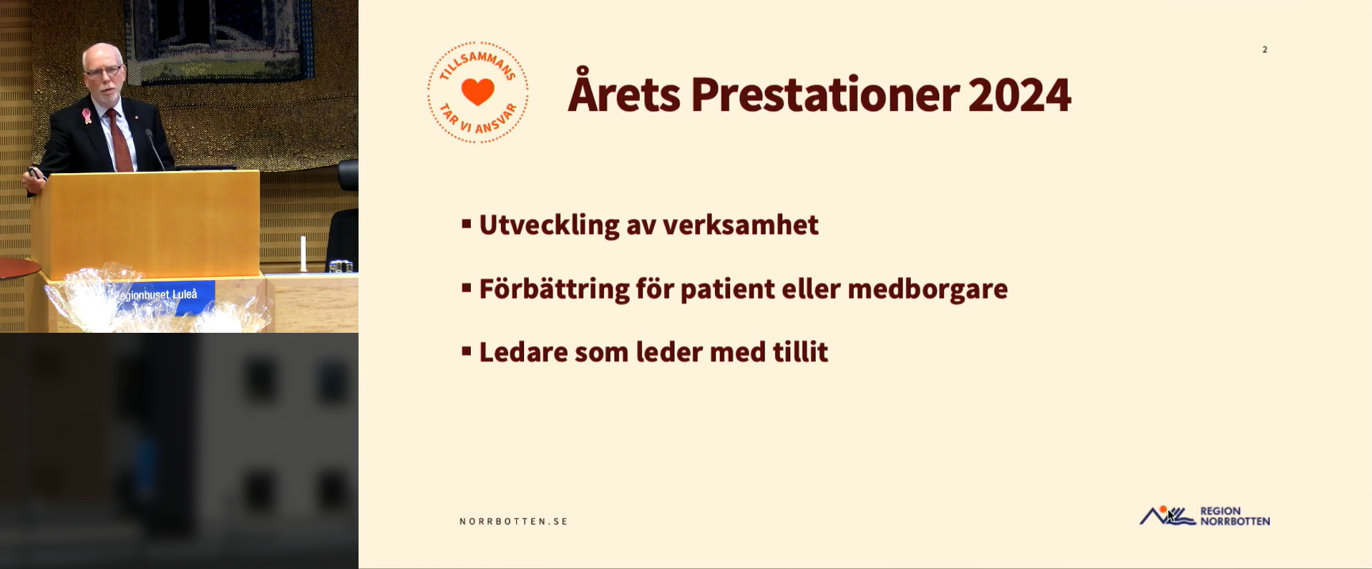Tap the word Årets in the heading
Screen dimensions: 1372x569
pyautogui.click(x=624, y=91)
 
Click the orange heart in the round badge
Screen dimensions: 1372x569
pyautogui.click(x=478, y=92)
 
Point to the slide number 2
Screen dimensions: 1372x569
pyautogui.click(x=1265, y=49)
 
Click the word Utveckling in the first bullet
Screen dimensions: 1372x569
pyautogui.click(x=549, y=225)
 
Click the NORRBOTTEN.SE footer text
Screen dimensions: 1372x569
pyautogui.click(x=514, y=522)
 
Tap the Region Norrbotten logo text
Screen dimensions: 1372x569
pyautogui.click(x=1235, y=516)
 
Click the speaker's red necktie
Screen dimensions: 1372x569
pyautogui.click(x=118, y=140)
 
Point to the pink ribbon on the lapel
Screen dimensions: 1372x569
pyautogui.click(x=87, y=115)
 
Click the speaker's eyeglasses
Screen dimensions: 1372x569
pyautogui.click(x=103, y=71)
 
